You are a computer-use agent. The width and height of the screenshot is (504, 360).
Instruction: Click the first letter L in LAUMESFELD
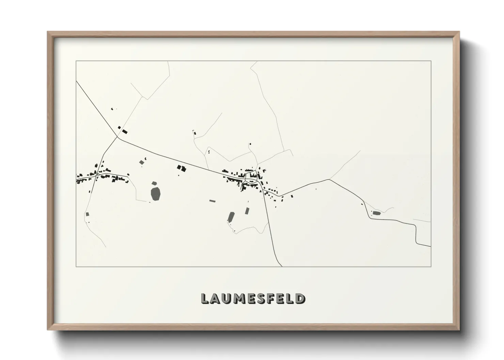click(205, 298)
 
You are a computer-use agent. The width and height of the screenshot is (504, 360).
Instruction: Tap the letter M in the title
click(239, 298)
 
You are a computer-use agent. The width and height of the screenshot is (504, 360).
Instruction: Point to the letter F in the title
click(269, 298)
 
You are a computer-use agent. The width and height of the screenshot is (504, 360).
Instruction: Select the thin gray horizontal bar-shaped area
click(212, 201)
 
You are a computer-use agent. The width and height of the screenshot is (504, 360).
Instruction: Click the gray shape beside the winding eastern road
click(376, 213)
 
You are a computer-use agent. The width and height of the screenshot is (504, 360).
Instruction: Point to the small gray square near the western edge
click(87, 214)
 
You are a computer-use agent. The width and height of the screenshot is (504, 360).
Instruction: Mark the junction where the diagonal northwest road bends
click(117, 137)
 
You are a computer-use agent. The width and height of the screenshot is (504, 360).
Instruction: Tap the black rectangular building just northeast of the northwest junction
click(125, 131)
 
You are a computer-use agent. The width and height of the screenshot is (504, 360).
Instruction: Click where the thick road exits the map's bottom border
click(281, 266)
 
